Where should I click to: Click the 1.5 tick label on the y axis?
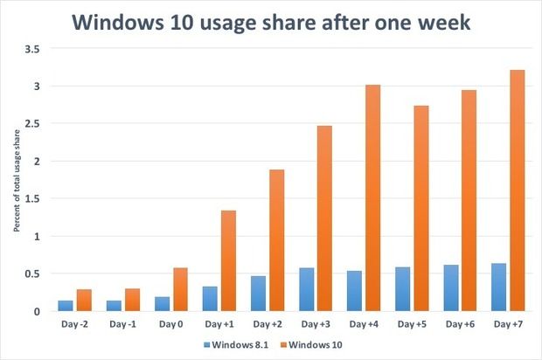click(x=32, y=199)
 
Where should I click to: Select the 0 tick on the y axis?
click(x=37, y=311)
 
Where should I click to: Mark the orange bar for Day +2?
click(x=276, y=240)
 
